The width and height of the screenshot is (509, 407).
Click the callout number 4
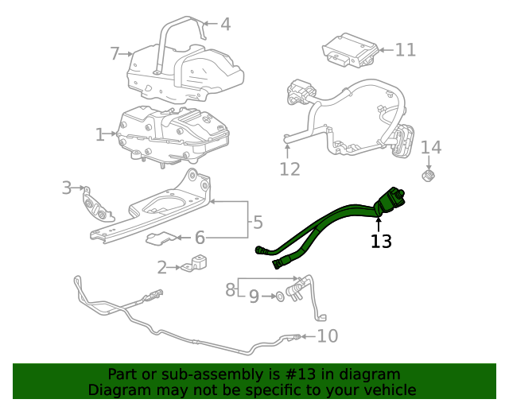pyautogui.click(x=226, y=25)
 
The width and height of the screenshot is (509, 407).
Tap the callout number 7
pyautogui.click(x=115, y=53)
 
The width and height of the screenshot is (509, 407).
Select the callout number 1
pyautogui.click(x=100, y=135)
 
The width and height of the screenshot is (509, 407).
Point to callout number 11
pyautogui.click(x=406, y=50)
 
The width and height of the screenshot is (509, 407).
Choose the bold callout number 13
pyautogui.click(x=381, y=241)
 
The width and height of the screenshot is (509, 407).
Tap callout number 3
pyautogui.click(x=67, y=188)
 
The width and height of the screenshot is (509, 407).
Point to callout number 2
pyautogui.click(x=161, y=268)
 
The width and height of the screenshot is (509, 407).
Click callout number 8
pyautogui.click(x=231, y=289)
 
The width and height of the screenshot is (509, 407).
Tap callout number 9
pyautogui.click(x=254, y=297)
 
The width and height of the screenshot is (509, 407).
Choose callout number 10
pyautogui.click(x=327, y=336)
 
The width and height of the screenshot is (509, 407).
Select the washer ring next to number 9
pyautogui.click(x=279, y=297)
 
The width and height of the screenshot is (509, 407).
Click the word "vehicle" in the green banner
pyautogui.click(x=389, y=390)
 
